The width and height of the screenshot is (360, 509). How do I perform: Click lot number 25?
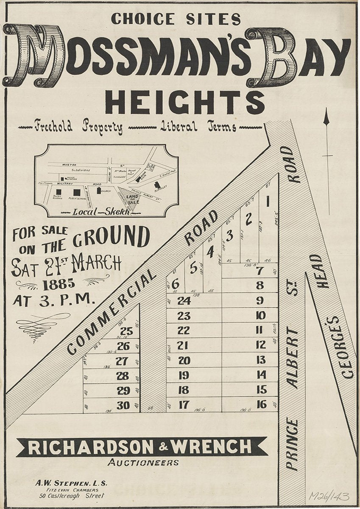coord(126,331)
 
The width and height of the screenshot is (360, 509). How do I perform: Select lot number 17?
coord(183,405)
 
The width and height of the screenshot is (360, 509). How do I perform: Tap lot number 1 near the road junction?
coord(268,202)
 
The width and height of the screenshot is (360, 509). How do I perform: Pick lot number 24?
coord(184,301)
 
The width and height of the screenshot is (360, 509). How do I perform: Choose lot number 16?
coord(262,404)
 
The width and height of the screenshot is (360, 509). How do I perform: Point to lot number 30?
coord(123,405)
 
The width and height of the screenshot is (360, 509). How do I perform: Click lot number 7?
coord(260,271)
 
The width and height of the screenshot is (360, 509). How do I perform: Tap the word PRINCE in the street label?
coord(292,444)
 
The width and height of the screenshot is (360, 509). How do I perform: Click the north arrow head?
coord(326,117)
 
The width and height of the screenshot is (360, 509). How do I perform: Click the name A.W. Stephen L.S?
coord(71,483)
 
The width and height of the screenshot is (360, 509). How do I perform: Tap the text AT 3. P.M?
coord(53,300)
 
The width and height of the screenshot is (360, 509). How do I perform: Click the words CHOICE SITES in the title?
coord(176,19)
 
